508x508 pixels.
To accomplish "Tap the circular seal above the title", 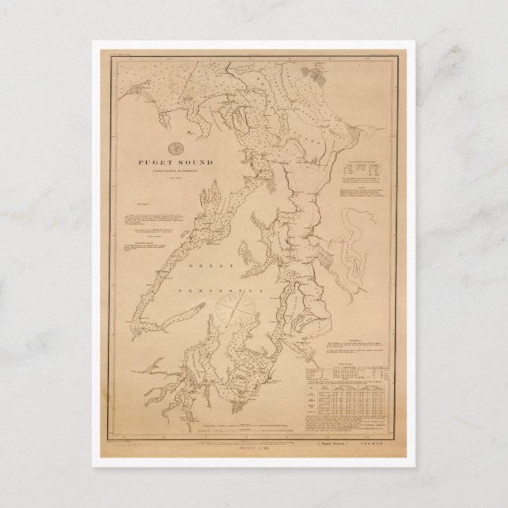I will [x=178, y=145].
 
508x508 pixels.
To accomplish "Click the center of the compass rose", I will [x=237, y=312].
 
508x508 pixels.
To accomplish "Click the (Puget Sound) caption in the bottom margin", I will [x=323, y=445].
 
